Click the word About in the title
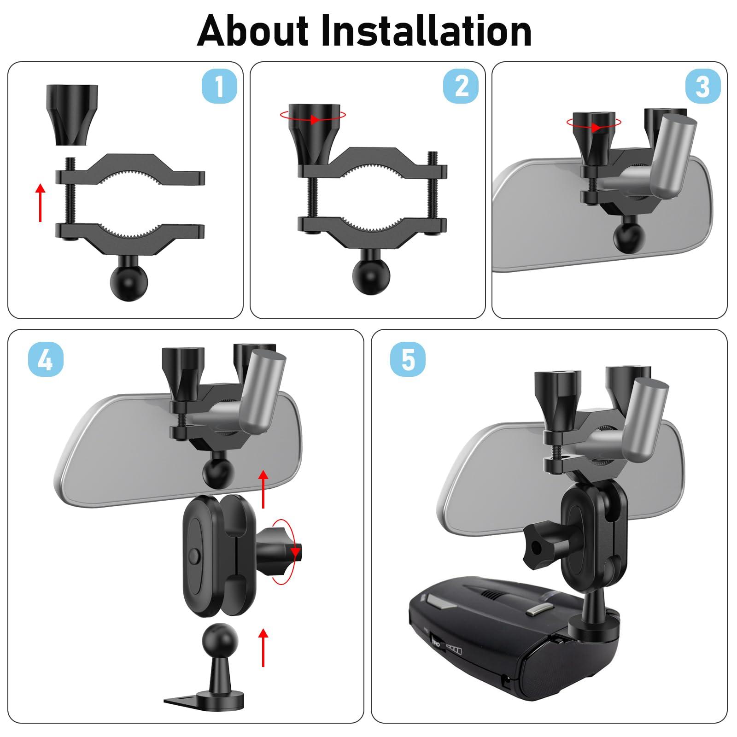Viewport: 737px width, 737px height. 252,31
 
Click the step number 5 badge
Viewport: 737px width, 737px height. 408,360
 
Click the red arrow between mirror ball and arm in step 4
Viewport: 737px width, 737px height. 263,488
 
